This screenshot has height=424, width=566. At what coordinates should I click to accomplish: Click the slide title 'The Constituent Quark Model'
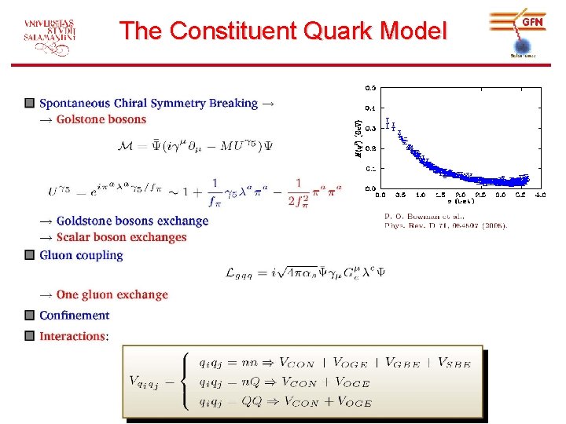coord(283,31)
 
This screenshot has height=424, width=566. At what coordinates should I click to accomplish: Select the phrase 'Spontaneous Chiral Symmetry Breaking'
coord(149,103)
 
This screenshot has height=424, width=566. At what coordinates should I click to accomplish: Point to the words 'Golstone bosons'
coord(101,119)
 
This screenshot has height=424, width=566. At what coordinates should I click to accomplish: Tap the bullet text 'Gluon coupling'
coord(81,255)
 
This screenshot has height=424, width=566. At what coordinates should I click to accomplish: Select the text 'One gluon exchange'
coord(112,294)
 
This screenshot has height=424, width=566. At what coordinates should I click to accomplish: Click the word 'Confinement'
coord(75,316)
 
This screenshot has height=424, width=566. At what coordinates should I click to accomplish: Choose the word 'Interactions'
coord(72,336)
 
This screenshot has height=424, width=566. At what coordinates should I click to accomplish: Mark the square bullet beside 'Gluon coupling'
coord(29,255)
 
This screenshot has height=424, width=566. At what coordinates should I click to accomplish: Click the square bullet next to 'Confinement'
coord(29,316)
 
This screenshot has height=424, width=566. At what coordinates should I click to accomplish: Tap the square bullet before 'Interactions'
coord(29,336)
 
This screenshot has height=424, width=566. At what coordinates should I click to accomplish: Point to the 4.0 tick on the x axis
coord(540,194)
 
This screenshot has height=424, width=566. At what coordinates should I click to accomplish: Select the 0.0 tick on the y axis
coord(369,188)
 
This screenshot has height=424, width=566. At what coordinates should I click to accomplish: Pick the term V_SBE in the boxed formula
coord(455,363)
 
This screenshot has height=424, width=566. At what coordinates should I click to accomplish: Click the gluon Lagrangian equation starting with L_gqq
coord(305,272)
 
